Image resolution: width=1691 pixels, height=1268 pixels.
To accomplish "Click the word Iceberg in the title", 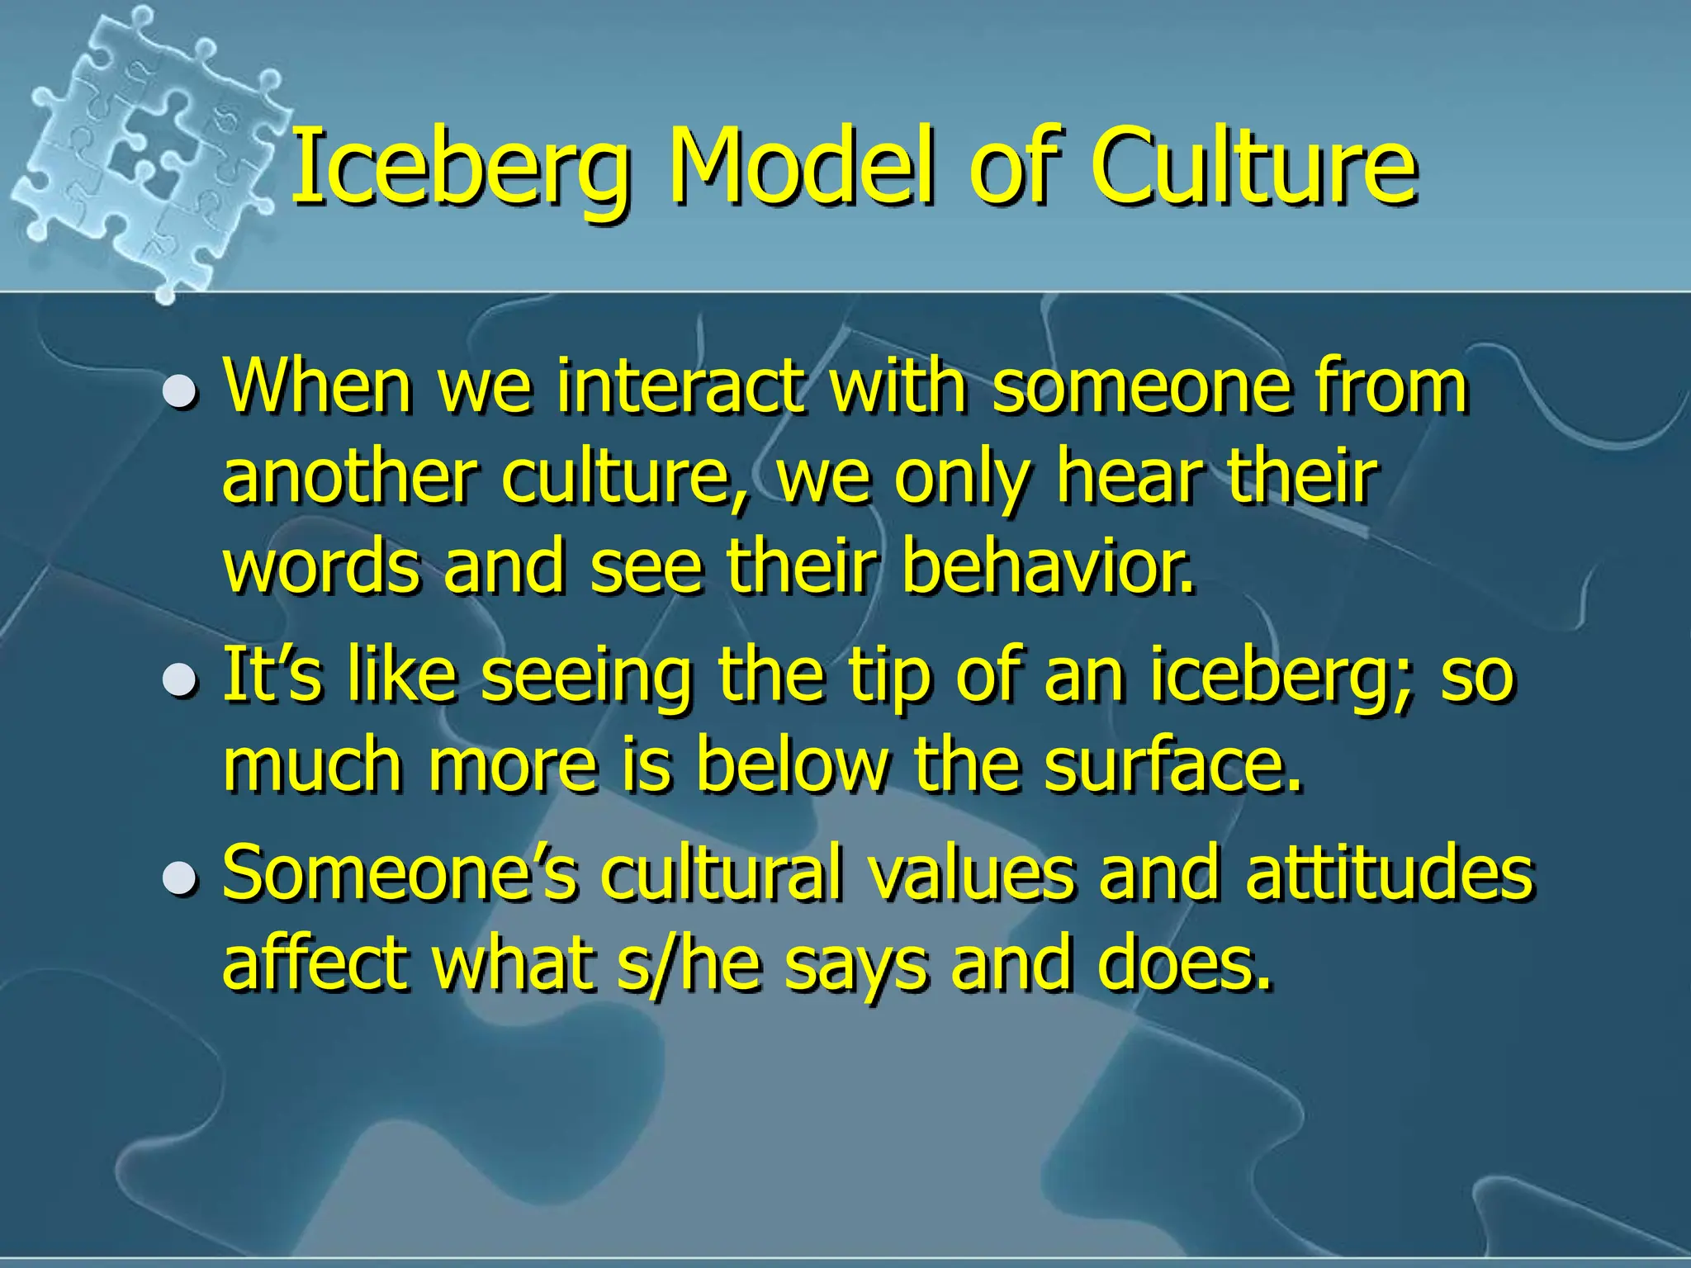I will click(459, 169).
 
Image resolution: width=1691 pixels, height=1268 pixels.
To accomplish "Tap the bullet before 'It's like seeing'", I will click(179, 680).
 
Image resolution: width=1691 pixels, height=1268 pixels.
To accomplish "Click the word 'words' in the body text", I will click(321, 567).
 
